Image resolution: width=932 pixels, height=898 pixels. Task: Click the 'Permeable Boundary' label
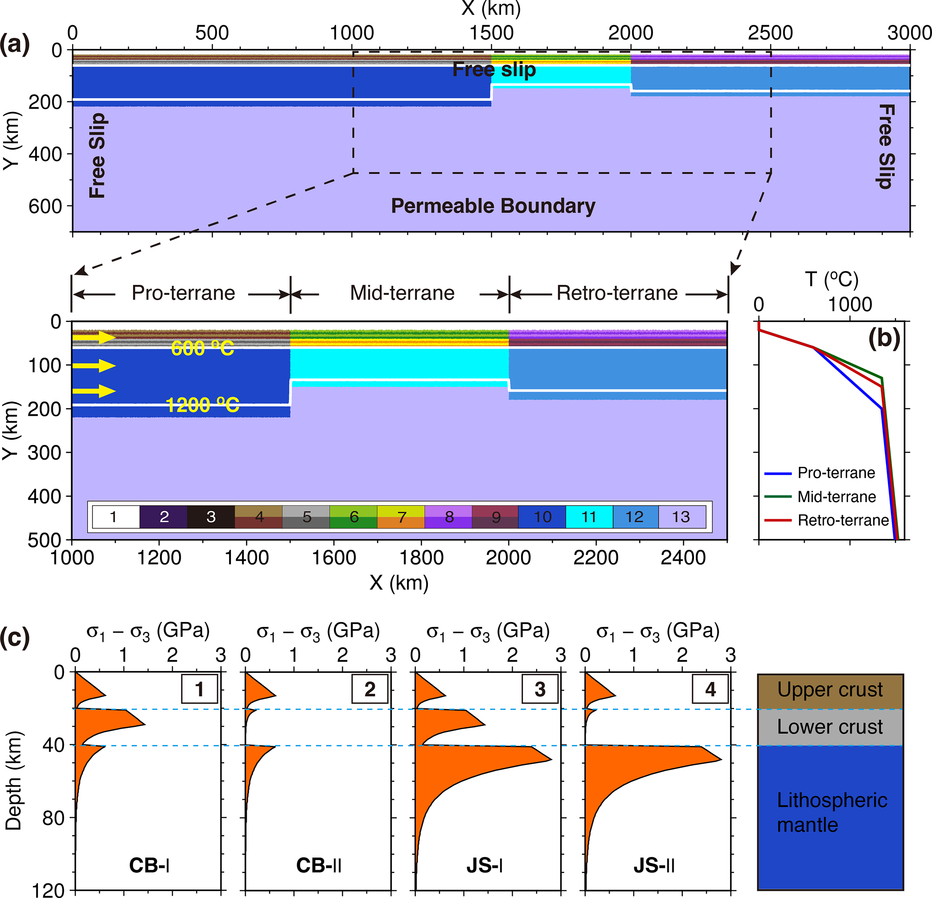[x=493, y=206]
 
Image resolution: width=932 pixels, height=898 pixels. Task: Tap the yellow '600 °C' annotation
[x=202, y=348]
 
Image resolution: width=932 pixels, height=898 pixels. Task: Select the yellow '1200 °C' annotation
[x=202, y=405]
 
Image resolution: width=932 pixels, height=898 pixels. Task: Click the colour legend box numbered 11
[x=589, y=516]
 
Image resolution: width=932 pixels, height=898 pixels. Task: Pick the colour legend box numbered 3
[x=211, y=516]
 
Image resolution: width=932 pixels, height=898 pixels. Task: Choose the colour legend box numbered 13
[x=681, y=516]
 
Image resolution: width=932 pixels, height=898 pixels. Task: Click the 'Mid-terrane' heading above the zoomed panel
[x=402, y=293]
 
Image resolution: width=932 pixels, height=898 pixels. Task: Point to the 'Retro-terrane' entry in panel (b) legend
[x=843, y=520]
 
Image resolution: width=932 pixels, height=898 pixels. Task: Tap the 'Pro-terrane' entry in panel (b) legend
[x=836, y=472]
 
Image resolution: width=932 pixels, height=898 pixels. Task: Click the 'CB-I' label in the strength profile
[x=149, y=866]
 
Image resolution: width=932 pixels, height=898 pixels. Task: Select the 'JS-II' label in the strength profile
[x=654, y=866]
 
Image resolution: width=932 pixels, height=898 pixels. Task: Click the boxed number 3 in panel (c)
[x=540, y=689]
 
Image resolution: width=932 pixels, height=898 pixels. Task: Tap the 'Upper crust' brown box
[x=830, y=690]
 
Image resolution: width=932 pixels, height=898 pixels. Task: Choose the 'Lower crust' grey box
[x=830, y=727]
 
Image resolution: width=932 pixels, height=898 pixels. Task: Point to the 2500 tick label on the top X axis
[x=770, y=33]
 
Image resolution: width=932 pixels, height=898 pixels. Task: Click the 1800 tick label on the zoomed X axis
[x=421, y=557]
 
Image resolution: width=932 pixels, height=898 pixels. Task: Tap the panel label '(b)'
[x=884, y=339]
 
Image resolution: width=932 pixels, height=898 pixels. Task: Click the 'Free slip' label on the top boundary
[x=494, y=69]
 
